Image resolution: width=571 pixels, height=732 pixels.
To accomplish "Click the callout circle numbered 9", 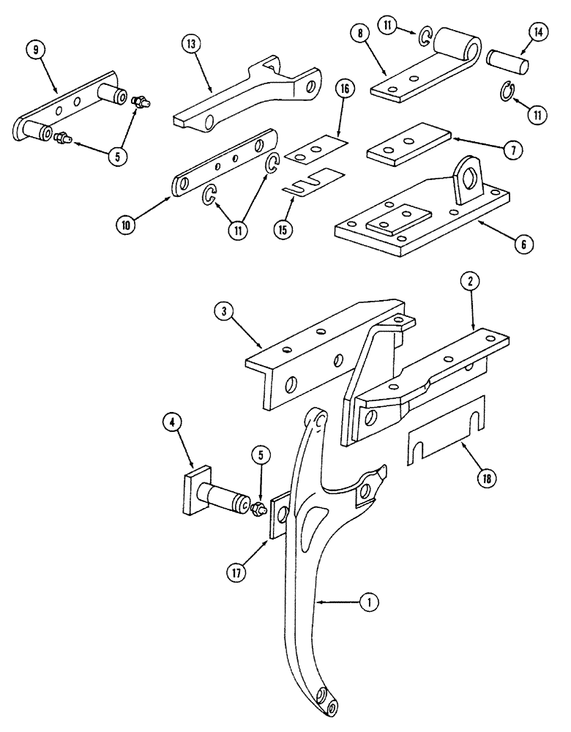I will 34,51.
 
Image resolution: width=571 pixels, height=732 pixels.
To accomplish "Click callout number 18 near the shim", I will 485,479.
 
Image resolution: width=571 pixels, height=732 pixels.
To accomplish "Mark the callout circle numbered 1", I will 371,603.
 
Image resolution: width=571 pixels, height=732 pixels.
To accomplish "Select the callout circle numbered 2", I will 469,280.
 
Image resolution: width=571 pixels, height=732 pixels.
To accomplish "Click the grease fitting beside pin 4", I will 258,509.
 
